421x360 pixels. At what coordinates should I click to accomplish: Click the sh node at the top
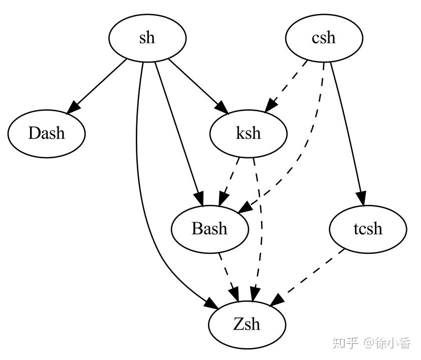(147, 38)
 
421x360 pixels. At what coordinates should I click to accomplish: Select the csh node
(323, 38)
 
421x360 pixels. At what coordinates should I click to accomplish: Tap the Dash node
(47, 133)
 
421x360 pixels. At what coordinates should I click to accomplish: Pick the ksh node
(249, 134)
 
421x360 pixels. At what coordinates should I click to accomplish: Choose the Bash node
(209, 229)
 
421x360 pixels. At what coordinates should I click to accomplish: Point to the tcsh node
(367, 229)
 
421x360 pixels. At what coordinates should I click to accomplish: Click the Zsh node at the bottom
(247, 324)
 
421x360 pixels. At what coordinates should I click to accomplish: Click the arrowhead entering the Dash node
(74, 106)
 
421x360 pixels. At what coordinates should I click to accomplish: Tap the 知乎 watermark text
(346, 343)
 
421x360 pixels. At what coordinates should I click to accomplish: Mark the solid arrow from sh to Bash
(178, 130)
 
